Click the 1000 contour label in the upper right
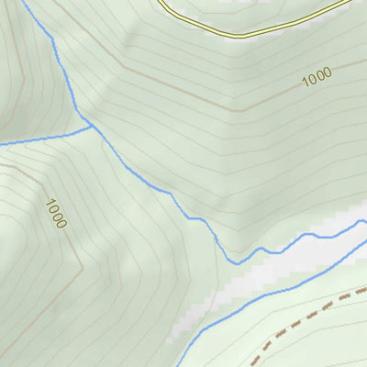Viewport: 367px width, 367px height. (316, 77)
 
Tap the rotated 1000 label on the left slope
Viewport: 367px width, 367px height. (55, 214)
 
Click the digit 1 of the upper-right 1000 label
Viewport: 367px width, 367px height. (304, 83)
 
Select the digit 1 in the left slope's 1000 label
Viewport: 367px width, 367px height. (48, 204)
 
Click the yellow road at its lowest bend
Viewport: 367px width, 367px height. (240, 35)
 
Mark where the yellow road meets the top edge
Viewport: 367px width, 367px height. (158, 1)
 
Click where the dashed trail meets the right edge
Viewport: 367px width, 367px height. (365, 289)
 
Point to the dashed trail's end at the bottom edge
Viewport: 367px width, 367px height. (250, 365)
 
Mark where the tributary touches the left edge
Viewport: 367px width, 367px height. (1, 144)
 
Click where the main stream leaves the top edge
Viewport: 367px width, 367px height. (22, 1)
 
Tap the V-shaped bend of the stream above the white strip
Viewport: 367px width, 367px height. (236, 262)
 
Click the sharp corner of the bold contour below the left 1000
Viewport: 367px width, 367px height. (83, 268)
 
